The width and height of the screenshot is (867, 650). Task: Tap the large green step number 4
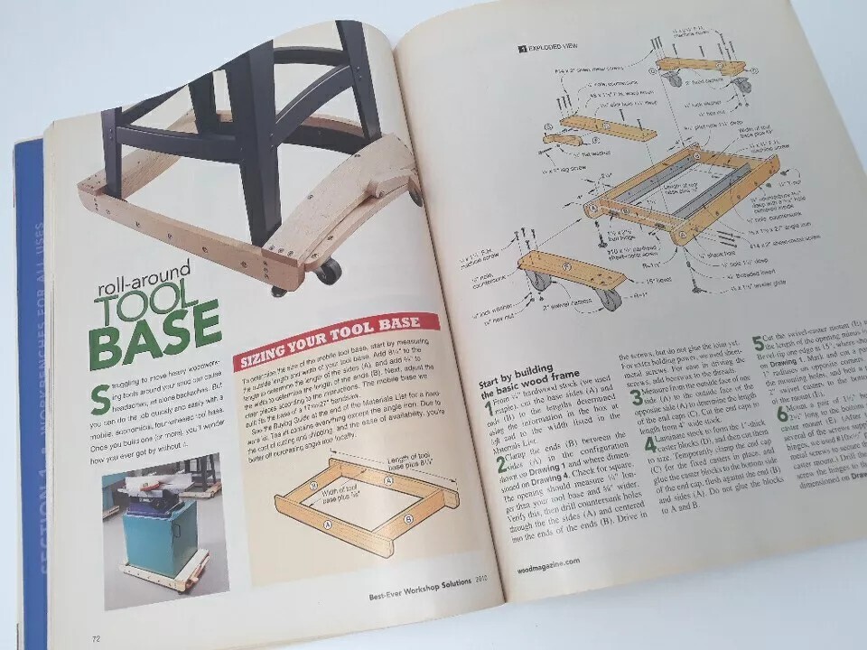650,445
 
